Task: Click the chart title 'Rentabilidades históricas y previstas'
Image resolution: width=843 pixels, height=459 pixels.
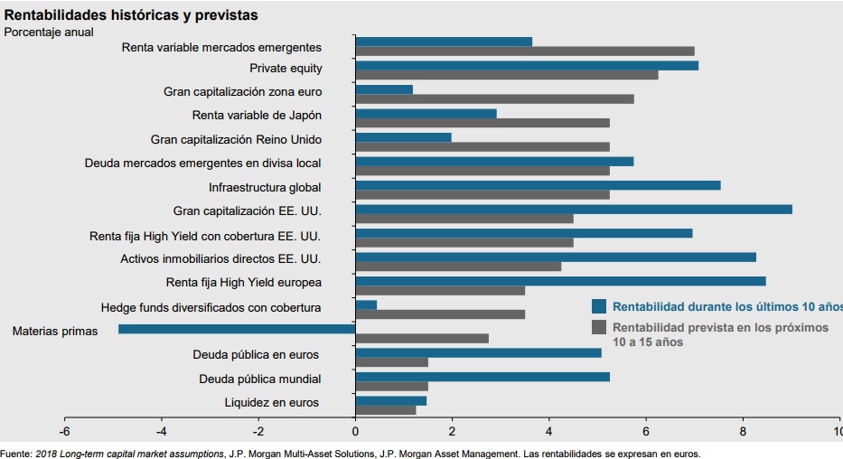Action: [131, 15]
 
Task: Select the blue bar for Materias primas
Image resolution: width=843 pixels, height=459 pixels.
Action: [237, 329]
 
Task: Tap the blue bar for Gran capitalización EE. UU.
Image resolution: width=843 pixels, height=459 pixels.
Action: [574, 209]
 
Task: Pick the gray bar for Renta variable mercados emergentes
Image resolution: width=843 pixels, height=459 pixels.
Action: [525, 52]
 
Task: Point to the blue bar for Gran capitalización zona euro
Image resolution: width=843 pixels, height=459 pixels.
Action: [384, 89]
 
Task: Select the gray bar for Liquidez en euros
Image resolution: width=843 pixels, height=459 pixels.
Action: [386, 410]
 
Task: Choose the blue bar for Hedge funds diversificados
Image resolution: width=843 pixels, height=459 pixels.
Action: [366, 305]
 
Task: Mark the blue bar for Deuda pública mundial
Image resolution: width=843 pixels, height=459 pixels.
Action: [482, 377]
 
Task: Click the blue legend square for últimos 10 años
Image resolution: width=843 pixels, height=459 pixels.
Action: [598, 305]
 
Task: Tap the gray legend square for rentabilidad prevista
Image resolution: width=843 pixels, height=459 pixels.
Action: [598, 326]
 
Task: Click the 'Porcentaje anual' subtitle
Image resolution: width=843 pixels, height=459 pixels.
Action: [49, 33]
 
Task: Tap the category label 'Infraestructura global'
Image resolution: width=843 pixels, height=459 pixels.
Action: [265, 188]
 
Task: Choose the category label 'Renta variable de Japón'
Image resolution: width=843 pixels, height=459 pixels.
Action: [257, 116]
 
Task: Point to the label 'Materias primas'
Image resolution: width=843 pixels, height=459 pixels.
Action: [54, 332]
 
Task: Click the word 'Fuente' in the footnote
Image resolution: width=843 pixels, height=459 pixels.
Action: [15, 454]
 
